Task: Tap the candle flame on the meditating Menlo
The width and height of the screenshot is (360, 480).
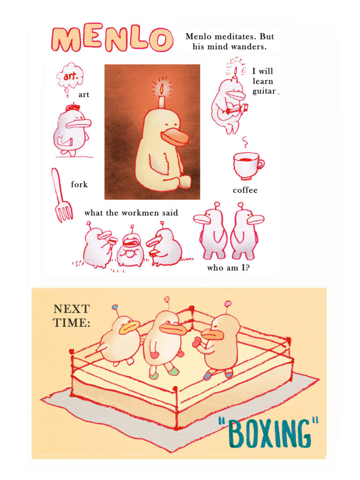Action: coord(161,89)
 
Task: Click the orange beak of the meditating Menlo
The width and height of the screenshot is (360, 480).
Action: coord(176,137)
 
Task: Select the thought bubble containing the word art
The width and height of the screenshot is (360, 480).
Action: coord(70,76)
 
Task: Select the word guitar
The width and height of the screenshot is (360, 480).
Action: coord(264,91)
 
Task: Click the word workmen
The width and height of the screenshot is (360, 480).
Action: coord(140,213)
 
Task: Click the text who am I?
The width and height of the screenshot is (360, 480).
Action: coord(228,268)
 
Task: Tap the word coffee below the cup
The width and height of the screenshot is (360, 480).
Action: coord(245,190)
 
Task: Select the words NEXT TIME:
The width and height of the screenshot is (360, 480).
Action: coord(72,315)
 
